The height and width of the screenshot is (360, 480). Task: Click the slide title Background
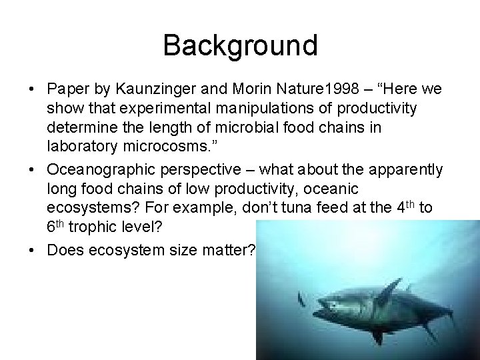tap(240, 45)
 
